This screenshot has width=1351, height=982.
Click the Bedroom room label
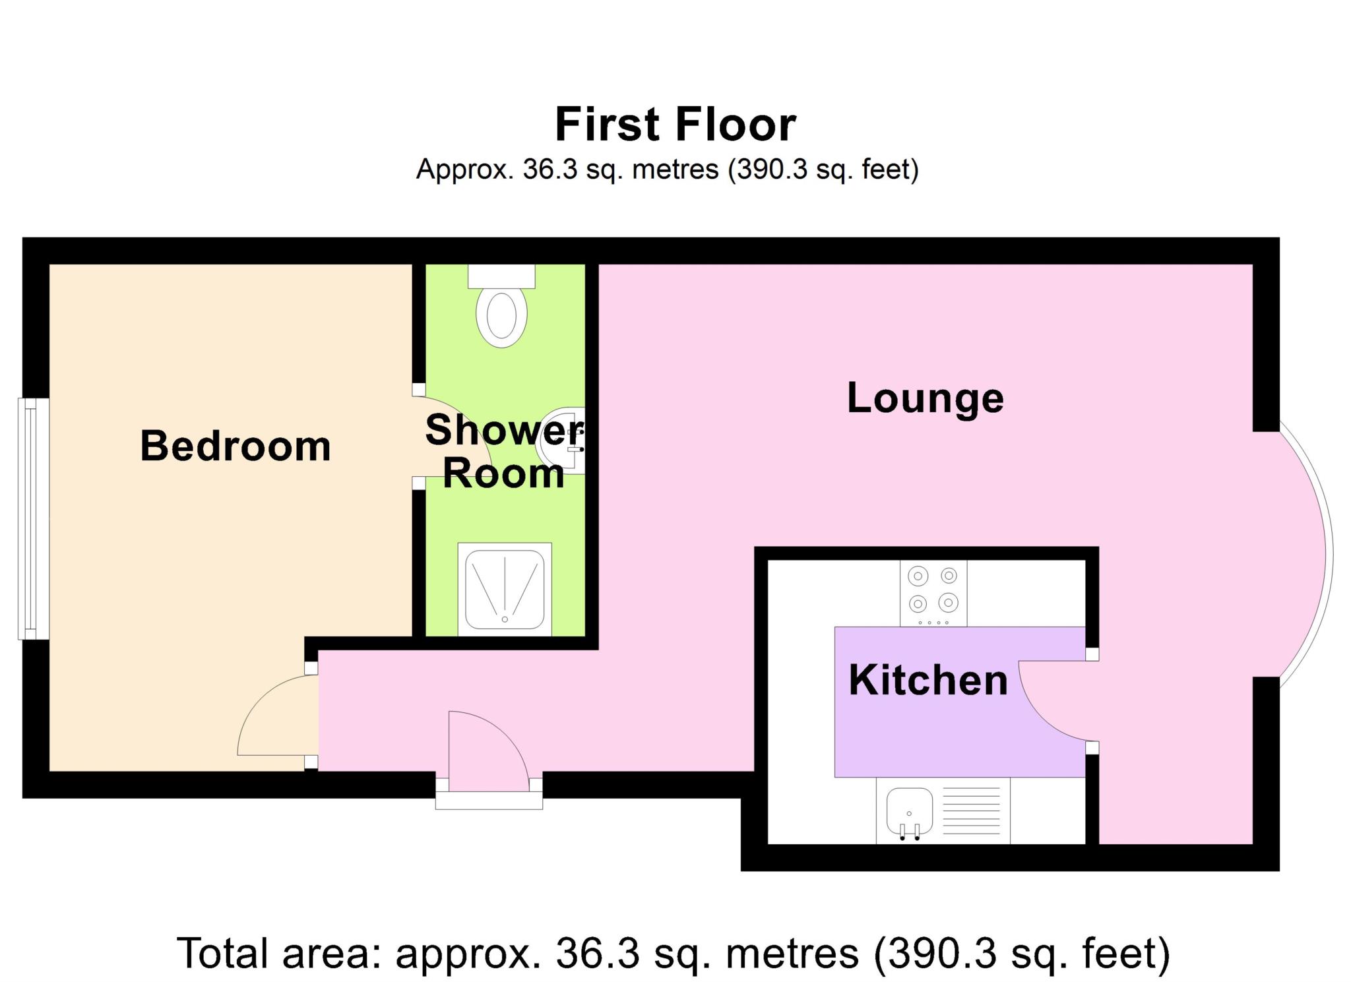[236, 446]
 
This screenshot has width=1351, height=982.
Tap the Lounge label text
[925, 398]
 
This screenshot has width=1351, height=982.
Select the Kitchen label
[928, 680]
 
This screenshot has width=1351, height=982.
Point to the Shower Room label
[503, 452]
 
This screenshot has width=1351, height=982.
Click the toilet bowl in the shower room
[501, 317]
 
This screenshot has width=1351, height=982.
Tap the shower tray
[505, 589]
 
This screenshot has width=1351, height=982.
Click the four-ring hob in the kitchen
[933, 592]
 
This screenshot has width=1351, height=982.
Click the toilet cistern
[501, 276]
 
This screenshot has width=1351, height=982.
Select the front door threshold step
[489, 800]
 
